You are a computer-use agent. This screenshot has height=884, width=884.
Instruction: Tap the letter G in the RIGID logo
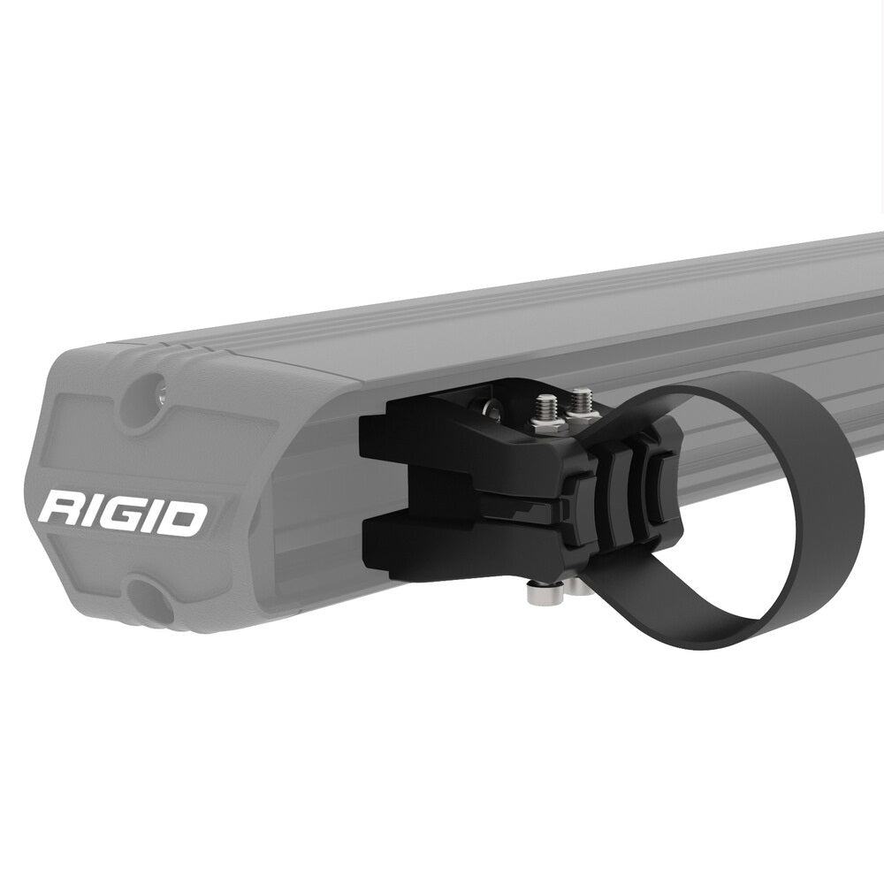[x=118, y=516]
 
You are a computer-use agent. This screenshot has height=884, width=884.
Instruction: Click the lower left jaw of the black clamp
[x=398, y=539]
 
